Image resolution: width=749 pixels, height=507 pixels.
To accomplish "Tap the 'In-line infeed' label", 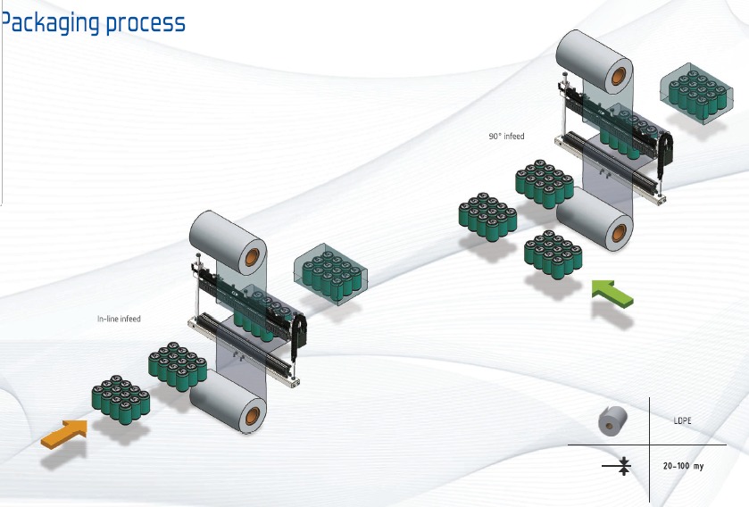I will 119,319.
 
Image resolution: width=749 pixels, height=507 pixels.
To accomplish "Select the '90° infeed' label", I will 506,137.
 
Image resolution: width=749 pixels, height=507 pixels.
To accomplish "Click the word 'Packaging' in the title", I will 50,22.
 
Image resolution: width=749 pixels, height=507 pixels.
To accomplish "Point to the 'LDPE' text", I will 684,420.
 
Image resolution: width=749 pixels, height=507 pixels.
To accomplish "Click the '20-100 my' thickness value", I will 684,466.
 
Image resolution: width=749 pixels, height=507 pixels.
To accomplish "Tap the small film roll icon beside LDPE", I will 612,420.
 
